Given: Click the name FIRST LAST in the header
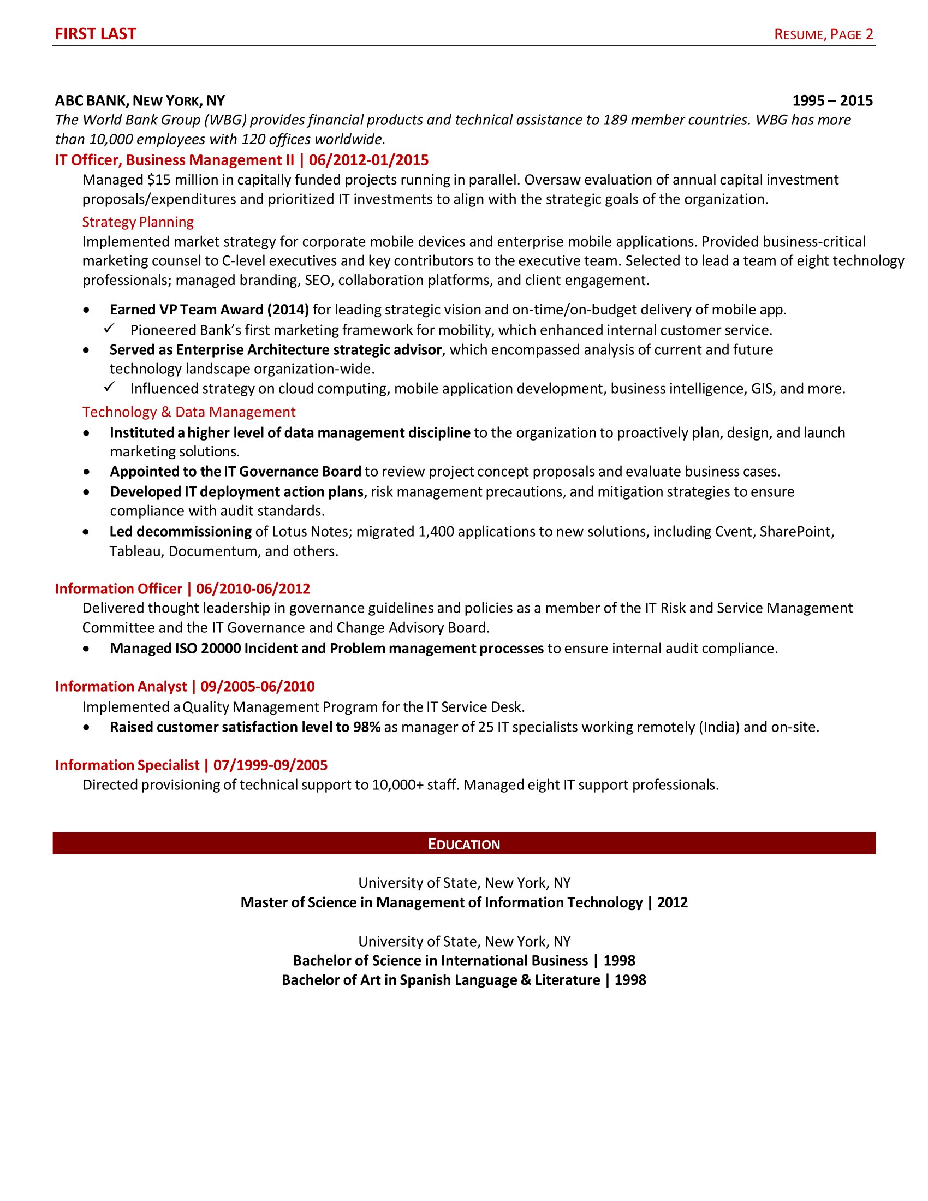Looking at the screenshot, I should (x=95, y=34).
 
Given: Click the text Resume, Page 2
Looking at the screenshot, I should (x=823, y=34).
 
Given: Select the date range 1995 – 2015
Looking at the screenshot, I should (x=832, y=100).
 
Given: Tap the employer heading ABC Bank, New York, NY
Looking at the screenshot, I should (x=140, y=100).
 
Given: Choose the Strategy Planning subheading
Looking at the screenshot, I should (x=138, y=222).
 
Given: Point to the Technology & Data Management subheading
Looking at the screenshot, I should (x=188, y=412).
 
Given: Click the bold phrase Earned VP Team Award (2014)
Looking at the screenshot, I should (x=209, y=310).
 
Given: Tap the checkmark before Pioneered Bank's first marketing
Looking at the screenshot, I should (x=109, y=329).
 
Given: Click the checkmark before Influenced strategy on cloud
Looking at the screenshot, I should (x=109, y=387).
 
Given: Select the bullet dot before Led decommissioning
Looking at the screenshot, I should (x=86, y=532).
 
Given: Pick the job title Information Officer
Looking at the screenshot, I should (x=118, y=589).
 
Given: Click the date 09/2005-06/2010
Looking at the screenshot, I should (x=257, y=687).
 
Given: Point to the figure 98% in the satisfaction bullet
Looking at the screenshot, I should (x=367, y=727).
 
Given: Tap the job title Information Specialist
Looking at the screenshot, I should (x=127, y=765).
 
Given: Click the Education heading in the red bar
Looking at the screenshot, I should (x=463, y=845).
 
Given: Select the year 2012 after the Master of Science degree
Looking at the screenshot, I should (x=672, y=902).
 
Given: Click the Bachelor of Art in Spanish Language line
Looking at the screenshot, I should (x=463, y=980).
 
